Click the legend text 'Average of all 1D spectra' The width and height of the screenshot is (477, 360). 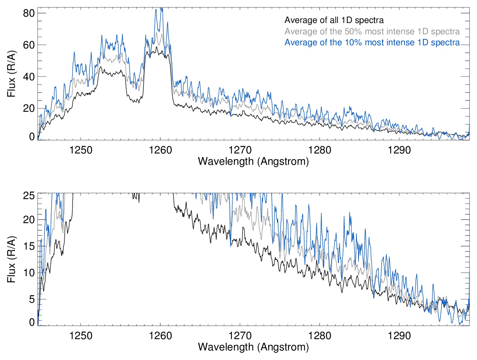pos(334,20)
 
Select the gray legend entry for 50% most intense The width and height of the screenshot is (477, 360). pos(372,31)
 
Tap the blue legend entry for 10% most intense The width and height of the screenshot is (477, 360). pos(372,42)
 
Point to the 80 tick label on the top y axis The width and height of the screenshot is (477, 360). pos(29,13)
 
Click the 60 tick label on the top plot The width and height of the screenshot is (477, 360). pos(29,45)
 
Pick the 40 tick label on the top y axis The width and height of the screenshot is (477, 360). pos(29,77)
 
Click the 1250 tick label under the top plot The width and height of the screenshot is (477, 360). pos(81,150)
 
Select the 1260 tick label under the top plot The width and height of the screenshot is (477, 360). pos(160,150)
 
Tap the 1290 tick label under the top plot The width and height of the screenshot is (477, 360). pos(399,150)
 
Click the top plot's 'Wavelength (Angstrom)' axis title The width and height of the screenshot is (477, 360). pos(253,162)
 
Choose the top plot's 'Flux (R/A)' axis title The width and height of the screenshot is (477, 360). pos(11,74)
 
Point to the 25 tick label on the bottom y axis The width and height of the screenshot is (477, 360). pos(29,196)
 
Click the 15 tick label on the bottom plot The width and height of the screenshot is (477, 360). pos(29,246)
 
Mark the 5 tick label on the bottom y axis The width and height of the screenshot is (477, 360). pos(31,299)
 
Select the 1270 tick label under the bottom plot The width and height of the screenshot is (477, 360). pos(240,336)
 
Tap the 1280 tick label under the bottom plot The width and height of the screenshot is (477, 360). pos(320,336)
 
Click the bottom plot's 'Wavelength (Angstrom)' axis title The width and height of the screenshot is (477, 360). pos(253,347)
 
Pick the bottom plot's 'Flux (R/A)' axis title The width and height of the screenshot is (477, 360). pos(11,259)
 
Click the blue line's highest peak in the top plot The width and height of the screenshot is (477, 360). pos(161,8)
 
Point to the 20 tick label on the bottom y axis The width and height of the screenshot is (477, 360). pos(29,220)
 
